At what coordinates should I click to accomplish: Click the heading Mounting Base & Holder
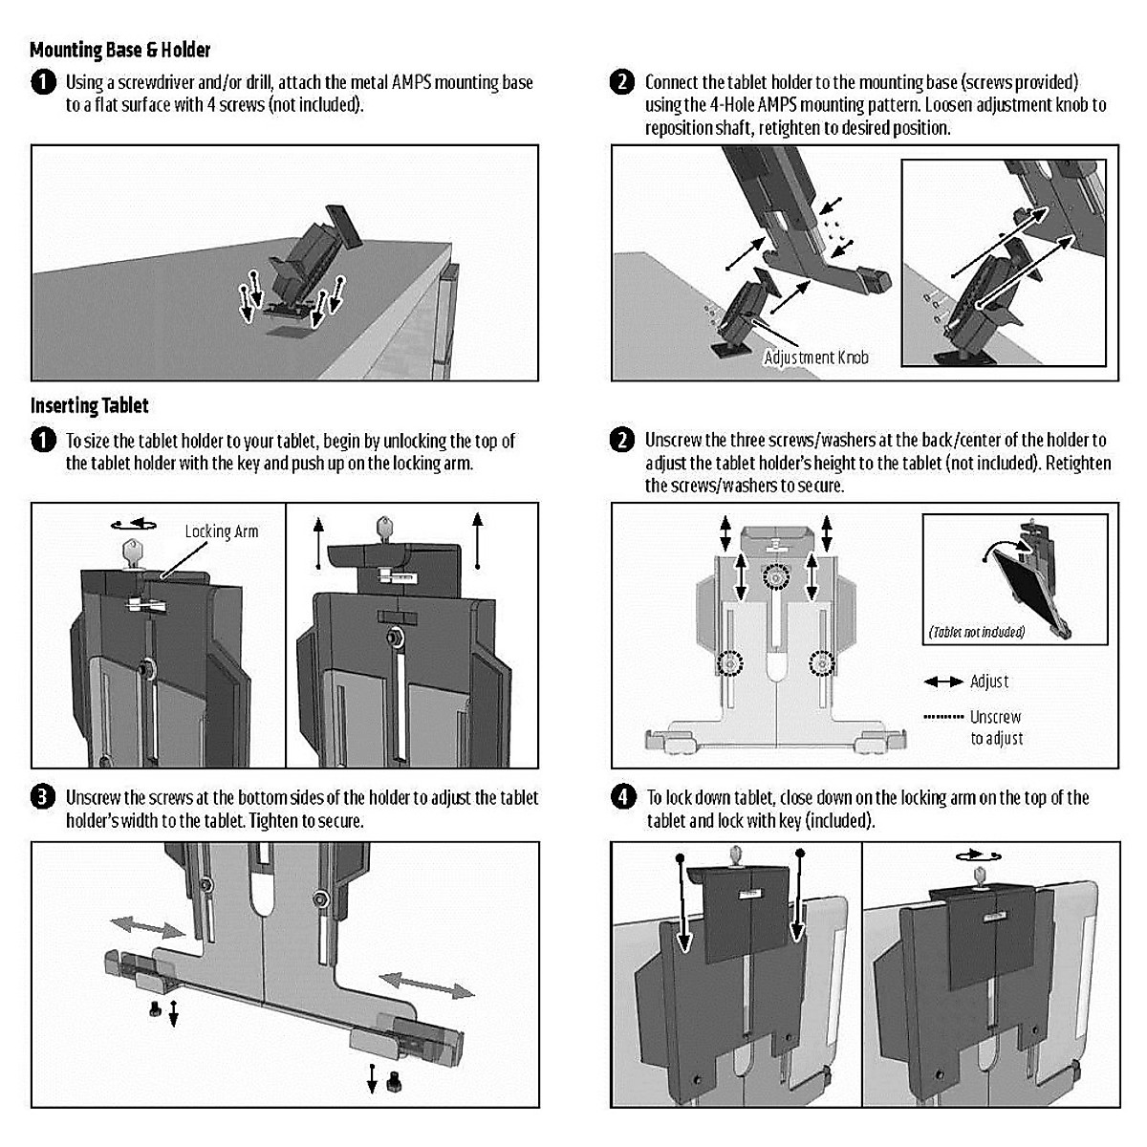point(119,50)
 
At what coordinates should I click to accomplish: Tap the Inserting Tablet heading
point(89,406)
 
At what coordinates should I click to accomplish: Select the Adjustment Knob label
point(816,357)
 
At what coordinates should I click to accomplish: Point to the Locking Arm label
point(222,531)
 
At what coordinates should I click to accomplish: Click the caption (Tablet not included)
point(977,632)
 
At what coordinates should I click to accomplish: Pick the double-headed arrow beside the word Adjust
point(943,682)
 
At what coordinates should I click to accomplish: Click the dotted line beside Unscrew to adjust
point(943,717)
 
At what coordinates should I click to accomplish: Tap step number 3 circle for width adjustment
point(43,797)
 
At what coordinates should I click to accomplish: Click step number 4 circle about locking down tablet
point(623,797)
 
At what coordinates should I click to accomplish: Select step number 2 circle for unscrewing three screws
point(622,441)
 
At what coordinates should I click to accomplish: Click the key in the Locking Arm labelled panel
point(132,554)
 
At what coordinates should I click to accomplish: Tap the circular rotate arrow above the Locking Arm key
point(134,524)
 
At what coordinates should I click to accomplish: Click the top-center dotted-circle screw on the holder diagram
point(775,576)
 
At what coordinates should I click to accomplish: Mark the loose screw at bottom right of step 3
point(394,1080)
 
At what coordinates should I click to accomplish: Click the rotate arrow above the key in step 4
point(978,855)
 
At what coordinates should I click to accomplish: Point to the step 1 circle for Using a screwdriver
point(43,82)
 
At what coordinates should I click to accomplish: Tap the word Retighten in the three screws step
point(1078,463)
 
